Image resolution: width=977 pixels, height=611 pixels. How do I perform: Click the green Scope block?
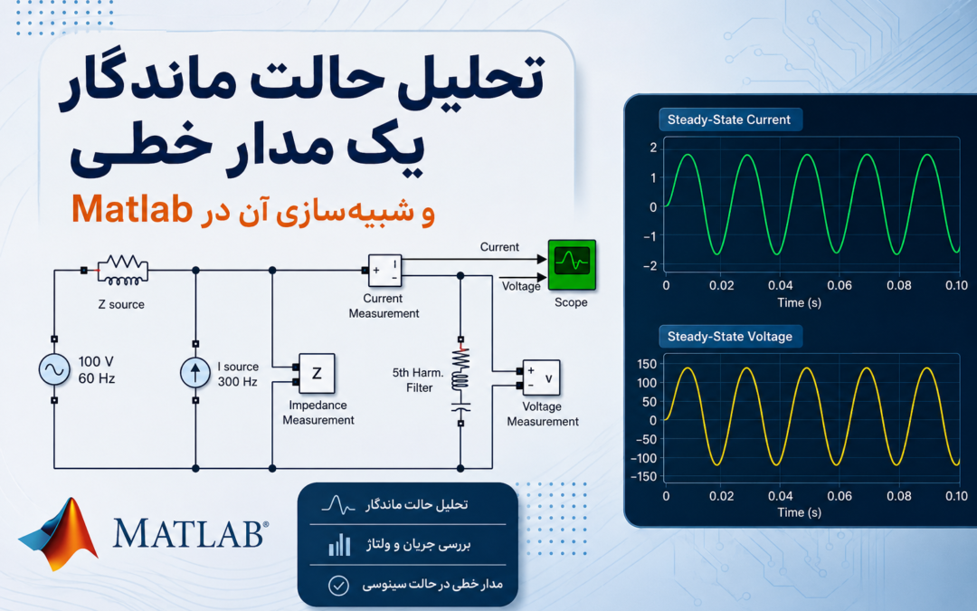pos(572,264)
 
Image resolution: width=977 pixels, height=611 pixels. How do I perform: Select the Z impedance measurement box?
pos(317,374)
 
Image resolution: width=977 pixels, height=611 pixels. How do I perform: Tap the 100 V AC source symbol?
pos(54,369)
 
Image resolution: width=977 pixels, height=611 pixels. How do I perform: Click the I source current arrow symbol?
pos(195,372)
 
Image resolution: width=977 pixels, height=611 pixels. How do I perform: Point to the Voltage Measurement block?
pos(541,377)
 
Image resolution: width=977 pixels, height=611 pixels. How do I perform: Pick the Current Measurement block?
pos(384,270)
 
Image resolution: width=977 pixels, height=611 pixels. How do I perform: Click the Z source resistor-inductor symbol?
pos(123,270)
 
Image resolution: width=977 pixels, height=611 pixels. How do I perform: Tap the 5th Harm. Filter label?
pos(418,380)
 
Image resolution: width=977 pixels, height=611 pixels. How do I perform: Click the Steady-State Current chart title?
pos(729,119)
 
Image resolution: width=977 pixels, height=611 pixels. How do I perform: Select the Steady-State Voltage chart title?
pos(730,337)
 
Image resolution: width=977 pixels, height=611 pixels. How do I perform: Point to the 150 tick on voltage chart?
pos(647,364)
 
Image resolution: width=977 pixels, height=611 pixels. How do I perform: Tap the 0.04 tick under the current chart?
pos(780,285)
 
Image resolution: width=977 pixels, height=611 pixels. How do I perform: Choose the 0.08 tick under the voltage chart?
pos(899,496)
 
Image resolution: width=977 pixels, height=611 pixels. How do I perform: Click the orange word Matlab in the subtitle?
pos(131,209)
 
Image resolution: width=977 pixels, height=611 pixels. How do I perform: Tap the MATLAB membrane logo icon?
pos(59,534)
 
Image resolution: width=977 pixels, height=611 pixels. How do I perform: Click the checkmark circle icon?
pos(338,586)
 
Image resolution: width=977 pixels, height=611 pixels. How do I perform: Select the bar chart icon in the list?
pos(339,544)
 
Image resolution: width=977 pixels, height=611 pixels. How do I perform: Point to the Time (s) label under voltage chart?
pos(800,512)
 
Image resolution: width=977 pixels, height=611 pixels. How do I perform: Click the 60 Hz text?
pos(97,378)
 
